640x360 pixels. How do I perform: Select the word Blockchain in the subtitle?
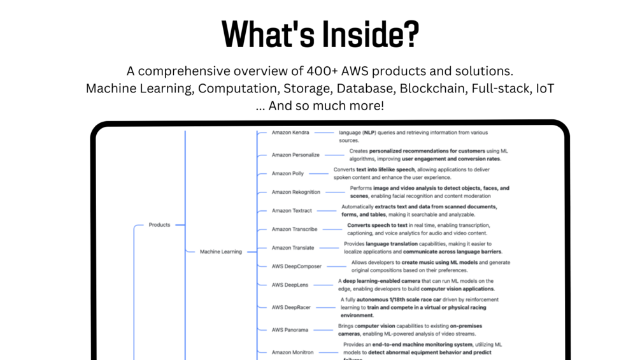(x=434, y=89)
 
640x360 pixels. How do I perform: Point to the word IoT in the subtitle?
(x=545, y=89)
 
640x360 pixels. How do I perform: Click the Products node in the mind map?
(x=159, y=225)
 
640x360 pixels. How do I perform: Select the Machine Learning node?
(x=221, y=252)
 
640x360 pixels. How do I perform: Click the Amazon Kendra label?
(x=290, y=133)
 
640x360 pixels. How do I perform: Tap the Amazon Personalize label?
(x=295, y=155)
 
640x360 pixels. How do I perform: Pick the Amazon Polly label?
(x=288, y=173)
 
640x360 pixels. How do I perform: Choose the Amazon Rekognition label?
(x=296, y=192)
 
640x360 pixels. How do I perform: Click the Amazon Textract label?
(x=292, y=211)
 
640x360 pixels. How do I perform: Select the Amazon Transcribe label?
(x=294, y=229)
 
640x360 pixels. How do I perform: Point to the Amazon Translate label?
(x=293, y=248)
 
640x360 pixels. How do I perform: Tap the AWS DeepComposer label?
(x=297, y=266)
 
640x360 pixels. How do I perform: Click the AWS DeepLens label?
(x=290, y=285)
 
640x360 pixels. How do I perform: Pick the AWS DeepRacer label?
(x=291, y=307)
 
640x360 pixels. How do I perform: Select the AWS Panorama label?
(x=290, y=330)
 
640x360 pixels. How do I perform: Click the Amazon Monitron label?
(x=293, y=352)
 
